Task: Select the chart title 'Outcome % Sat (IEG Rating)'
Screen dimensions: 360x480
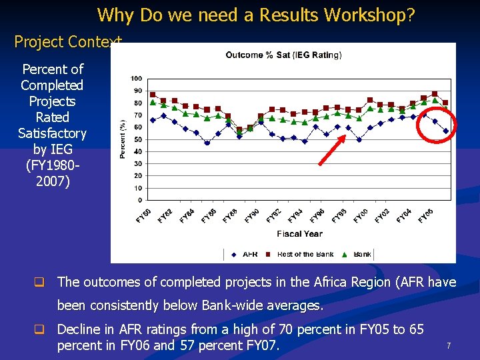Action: coord(283,55)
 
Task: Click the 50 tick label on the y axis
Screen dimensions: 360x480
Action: coord(137,139)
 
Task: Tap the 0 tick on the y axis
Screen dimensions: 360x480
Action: coord(139,200)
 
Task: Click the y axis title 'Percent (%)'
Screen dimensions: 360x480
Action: coord(123,139)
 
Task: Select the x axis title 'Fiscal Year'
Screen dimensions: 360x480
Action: coord(299,234)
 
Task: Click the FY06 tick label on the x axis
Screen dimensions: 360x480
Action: coord(425,216)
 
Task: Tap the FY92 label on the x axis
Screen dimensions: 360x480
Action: coord(273,216)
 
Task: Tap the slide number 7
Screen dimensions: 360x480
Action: coord(449,346)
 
